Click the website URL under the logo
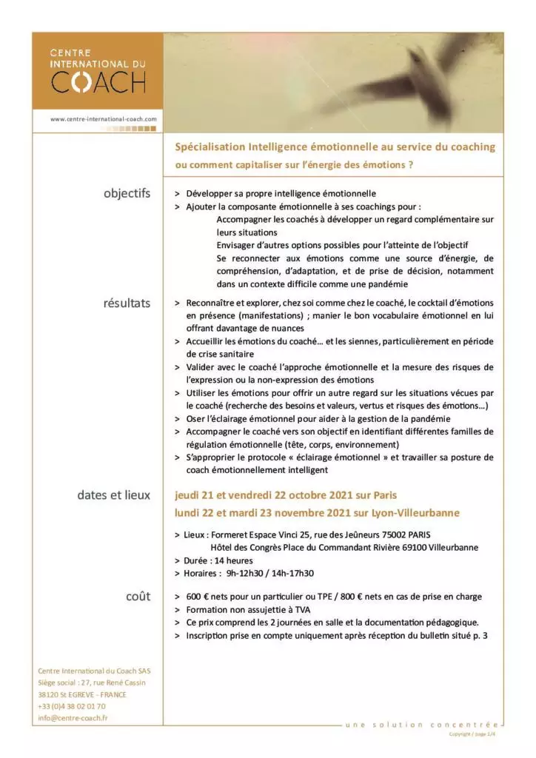tap(104, 118)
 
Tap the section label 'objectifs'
tap(127, 194)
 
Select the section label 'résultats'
tap(127, 303)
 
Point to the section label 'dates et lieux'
tap(113, 495)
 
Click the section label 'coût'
tap(138, 596)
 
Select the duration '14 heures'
tap(231, 560)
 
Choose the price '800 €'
tap(372, 597)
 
